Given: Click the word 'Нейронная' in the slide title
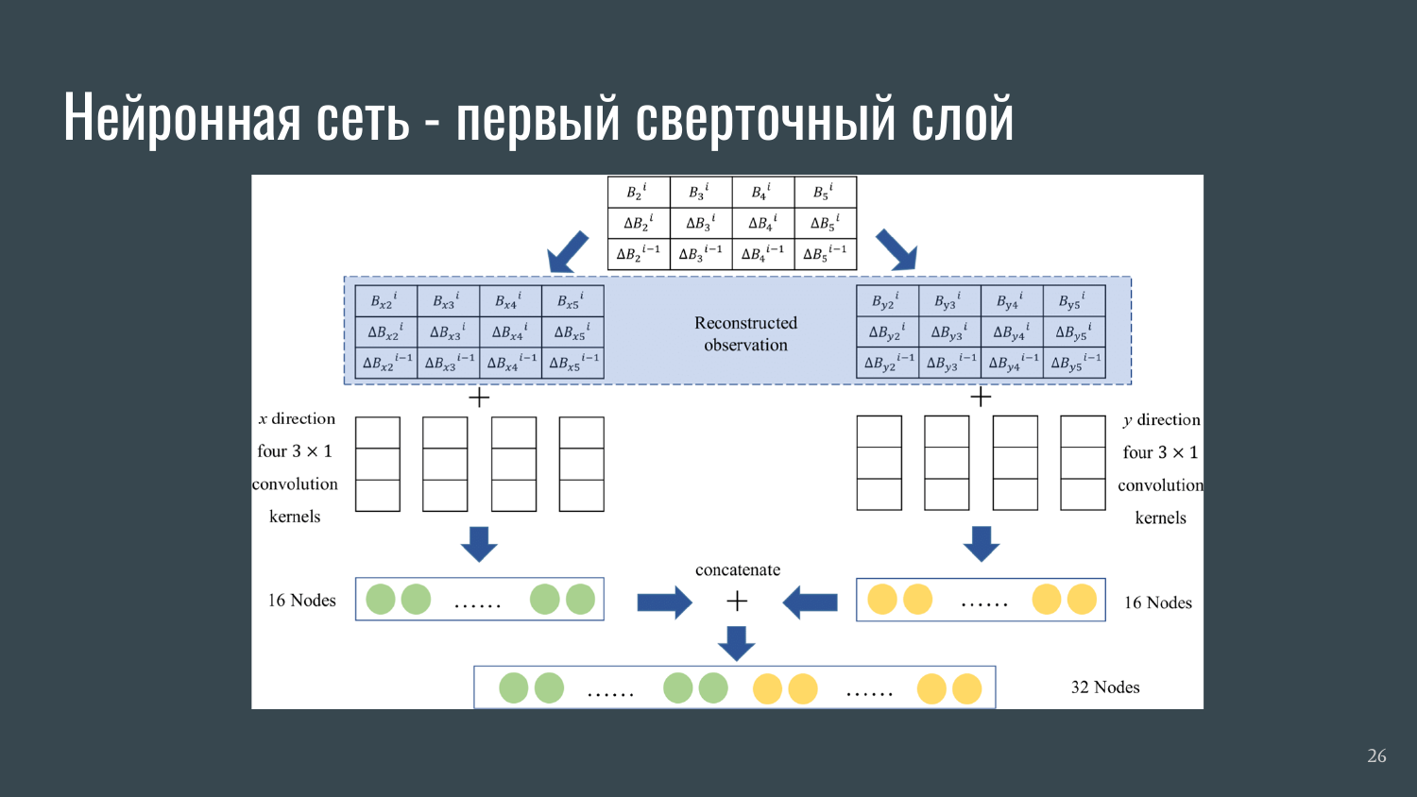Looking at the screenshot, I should [x=182, y=118].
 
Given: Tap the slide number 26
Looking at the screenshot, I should [x=1376, y=755].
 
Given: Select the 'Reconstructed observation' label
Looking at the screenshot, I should [x=745, y=334].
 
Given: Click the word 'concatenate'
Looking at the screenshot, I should [x=738, y=570].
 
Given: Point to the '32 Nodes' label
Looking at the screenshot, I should [x=1105, y=687].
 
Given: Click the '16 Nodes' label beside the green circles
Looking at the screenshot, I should [x=301, y=601].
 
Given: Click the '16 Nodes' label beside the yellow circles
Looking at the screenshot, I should [x=1157, y=602].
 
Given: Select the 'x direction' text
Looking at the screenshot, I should [x=297, y=418].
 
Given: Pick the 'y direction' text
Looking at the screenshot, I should [x=1161, y=419].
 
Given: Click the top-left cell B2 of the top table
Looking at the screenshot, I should [x=638, y=193].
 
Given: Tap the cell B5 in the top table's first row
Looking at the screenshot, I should [x=824, y=193].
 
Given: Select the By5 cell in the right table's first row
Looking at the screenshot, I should [x=1072, y=302].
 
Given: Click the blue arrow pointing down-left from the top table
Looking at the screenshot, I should [x=568, y=251].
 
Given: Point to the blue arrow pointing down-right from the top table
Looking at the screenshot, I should [x=896, y=250].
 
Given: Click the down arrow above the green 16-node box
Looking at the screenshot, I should [x=479, y=544].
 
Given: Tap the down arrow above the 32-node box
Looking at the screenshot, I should [x=736, y=643].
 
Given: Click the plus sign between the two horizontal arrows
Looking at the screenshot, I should [x=737, y=601].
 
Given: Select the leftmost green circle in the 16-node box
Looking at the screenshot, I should [x=381, y=600].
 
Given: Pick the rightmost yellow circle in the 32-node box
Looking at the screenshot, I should [x=966, y=688].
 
